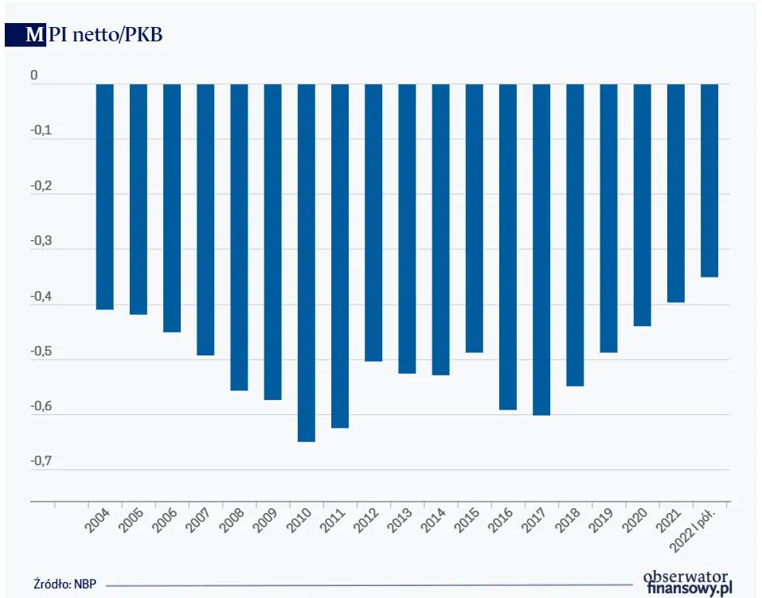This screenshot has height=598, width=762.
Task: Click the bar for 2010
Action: click(307, 262)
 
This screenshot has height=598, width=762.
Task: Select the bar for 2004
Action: click(105, 196)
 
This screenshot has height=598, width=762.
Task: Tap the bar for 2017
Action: click(541, 249)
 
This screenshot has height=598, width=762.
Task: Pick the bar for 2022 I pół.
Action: click(709, 181)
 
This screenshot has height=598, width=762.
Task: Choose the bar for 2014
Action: click(441, 229)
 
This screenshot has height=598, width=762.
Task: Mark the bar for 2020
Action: click(643, 205)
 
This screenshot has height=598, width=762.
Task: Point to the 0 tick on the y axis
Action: click(34, 76)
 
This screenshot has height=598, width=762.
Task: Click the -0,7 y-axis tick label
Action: click(39, 462)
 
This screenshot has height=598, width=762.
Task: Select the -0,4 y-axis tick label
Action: click(39, 297)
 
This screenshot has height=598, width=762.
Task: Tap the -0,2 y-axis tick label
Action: click(39, 187)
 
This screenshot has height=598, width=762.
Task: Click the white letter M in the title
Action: click(34, 35)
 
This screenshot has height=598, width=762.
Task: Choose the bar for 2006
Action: click(172, 208)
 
